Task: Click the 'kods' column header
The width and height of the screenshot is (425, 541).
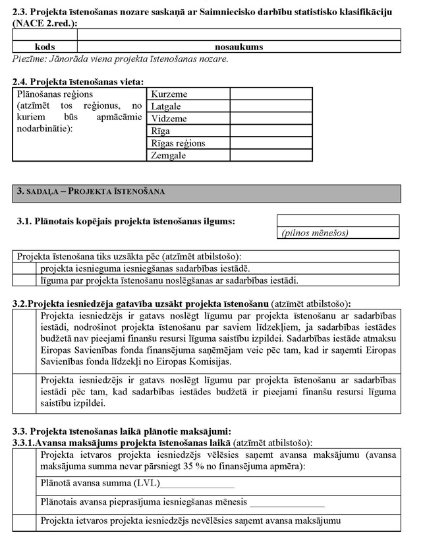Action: pos(45,48)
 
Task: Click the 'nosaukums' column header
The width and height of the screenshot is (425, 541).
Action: pos(239,48)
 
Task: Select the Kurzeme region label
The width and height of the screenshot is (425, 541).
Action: pos(169,94)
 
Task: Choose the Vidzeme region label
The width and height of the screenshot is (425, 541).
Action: pos(169,119)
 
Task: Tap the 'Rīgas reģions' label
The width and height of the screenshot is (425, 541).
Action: pos(179,143)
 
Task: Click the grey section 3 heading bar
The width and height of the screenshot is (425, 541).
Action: pos(206,192)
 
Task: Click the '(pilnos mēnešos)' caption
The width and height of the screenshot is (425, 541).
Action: pos(315,233)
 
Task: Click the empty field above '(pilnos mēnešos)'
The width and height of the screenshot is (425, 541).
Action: pos(338,220)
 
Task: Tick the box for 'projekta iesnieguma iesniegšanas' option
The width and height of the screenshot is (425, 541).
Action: pos(26,269)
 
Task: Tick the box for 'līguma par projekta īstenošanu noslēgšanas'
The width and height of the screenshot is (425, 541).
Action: pos(26,280)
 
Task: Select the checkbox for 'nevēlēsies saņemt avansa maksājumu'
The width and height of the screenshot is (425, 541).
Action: pos(26,521)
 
